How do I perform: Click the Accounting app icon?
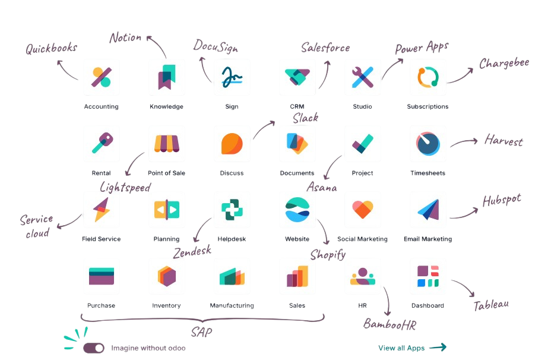click(x=101, y=77)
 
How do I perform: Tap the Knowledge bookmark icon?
click(x=166, y=77)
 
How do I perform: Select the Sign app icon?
click(x=232, y=77)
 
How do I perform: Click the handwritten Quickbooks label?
click(x=51, y=49)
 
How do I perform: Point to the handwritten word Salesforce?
click(x=325, y=48)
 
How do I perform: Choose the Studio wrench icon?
click(x=362, y=77)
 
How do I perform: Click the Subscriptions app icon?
click(x=427, y=77)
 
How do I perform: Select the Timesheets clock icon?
click(x=427, y=143)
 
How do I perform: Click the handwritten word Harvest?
click(x=503, y=141)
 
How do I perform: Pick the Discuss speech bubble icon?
click(x=232, y=143)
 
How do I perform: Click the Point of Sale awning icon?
click(x=166, y=143)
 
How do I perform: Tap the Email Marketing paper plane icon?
click(x=427, y=209)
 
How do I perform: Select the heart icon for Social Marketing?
click(x=362, y=209)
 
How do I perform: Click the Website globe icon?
click(x=297, y=209)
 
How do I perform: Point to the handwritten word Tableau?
click(x=491, y=305)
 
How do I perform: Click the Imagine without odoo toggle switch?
click(x=94, y=348)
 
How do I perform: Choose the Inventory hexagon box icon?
click(x=166, y=276)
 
